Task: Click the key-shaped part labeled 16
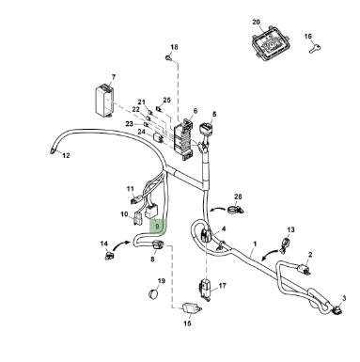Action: pyautogui.click(x=315, y=49)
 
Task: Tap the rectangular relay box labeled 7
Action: pyautogui.click(x=104, y=101)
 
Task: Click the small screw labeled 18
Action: pyautogui.click(x=168, y=57)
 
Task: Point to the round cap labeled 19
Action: pyautogui.click(x=153, y=293)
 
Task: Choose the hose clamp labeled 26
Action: pyautogui.click(x=235, y=209)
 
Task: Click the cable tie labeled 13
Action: pyautogui.click(x=286, y=244)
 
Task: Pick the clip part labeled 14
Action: pyautogui.click(x=108, y=256)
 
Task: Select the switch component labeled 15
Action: pyautogui.click(x=191, y=307)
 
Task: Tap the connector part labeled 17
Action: pyautogui.click(x=204, y=288)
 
